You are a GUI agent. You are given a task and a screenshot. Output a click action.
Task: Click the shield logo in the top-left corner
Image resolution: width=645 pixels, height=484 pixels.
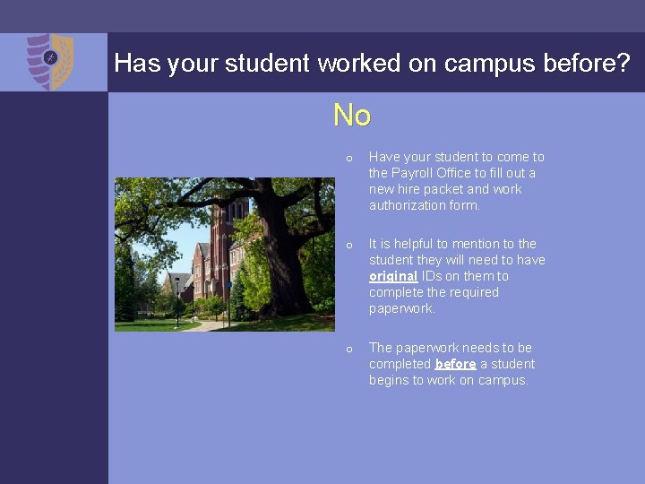click(x=49, y=61)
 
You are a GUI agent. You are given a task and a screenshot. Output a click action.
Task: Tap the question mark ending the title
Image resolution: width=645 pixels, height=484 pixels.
click(x=622, y=63)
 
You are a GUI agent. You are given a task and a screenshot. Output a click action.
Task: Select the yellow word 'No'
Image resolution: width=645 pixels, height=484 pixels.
click(x=352, y=116)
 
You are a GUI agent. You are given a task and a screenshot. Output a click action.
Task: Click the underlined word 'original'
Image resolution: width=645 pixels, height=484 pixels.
click(x=393, y=276)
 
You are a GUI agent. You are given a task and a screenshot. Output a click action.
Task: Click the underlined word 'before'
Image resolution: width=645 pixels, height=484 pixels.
click(x=455, y=364)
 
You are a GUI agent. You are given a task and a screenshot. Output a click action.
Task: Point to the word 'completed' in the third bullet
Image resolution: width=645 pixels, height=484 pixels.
click(x=400, y=364)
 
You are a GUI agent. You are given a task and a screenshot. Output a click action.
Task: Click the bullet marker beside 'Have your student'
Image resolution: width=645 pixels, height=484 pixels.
click(x=349, y=159)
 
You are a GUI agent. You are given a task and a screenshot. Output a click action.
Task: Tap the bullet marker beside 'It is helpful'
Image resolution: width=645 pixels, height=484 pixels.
click(x=349, y=246)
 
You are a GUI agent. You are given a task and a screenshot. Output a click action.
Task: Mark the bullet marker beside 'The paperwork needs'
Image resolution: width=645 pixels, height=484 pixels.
click(x=349, y=350)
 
